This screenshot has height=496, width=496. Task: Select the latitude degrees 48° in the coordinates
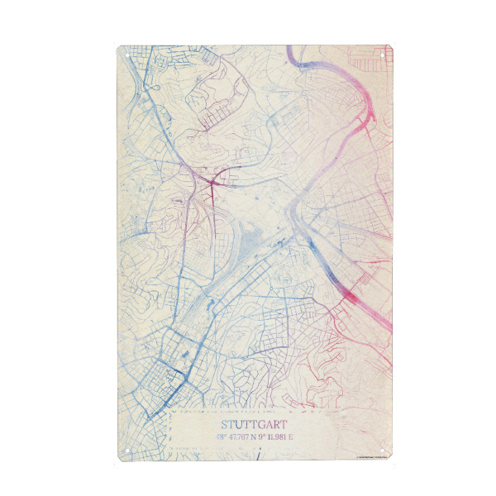click(195, 436)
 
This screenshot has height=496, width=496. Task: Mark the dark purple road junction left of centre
click(210, 179)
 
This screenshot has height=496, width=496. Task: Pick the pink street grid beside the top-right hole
click(364, 62)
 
